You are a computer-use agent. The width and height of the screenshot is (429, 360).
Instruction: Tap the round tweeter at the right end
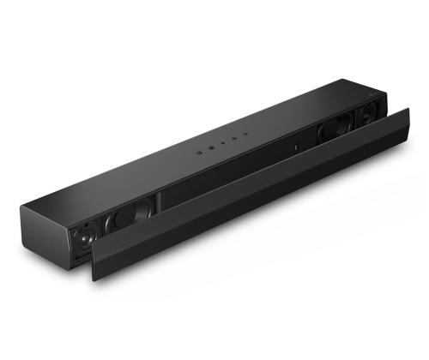364,113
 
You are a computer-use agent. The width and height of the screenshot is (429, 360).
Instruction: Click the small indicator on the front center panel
295,147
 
